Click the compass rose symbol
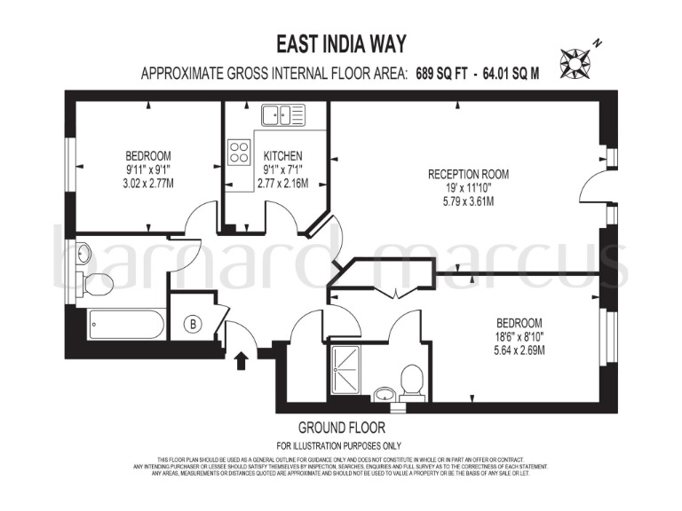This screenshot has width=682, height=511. coord(575,59)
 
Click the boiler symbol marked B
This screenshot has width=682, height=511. coord(193,324)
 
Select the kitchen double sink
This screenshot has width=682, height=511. coord(282,114)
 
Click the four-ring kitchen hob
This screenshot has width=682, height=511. coord(239,152)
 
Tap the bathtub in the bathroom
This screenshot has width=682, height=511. coord(125,324)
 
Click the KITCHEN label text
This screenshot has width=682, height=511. coord(282,156)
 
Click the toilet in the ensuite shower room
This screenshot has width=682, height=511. coord(411,380)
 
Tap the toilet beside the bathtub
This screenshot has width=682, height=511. coord(96,285)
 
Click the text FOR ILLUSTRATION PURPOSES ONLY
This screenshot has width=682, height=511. coord(341,445)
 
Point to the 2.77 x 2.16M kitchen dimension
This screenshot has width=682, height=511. coord(282,184)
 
